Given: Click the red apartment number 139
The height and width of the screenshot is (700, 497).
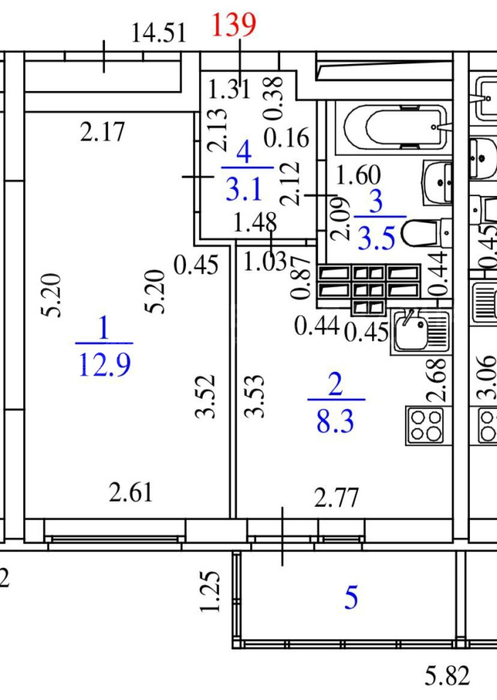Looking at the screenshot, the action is (x=234, y=25).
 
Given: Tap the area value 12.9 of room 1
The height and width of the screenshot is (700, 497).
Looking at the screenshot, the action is (x=104, y=365).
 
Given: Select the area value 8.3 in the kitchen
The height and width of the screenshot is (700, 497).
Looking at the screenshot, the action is (x=335, y=421).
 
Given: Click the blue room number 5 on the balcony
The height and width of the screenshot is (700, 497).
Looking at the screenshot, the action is (x=351, y=598).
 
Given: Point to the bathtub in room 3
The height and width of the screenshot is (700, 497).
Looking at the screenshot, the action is (x=395, y=127).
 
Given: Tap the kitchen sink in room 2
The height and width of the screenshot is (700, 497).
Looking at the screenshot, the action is (x=420, y=331).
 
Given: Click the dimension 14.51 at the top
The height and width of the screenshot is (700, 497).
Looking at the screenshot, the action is (x=158, y=34).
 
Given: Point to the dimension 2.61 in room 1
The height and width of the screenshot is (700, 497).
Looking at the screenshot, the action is (x=131, y=492).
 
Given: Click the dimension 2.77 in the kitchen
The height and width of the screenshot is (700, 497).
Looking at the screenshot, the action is (x=336, y=497).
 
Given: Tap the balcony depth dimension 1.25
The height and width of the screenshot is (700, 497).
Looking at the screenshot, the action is (x=209, y=591).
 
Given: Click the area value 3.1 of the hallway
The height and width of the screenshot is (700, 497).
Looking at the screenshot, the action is (x=244, y=190).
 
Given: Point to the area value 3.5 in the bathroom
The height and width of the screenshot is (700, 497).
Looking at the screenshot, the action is (x=377, y=238).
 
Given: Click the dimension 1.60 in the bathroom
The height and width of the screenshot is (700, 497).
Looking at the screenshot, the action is (x=358, y=174).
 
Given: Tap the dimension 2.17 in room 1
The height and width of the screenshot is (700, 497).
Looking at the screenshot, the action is (x=102, y=132).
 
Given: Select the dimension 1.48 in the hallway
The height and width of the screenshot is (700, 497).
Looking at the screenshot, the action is (x=255, y=222).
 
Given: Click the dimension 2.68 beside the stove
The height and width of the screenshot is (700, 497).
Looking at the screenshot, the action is (x=436, y=379).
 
